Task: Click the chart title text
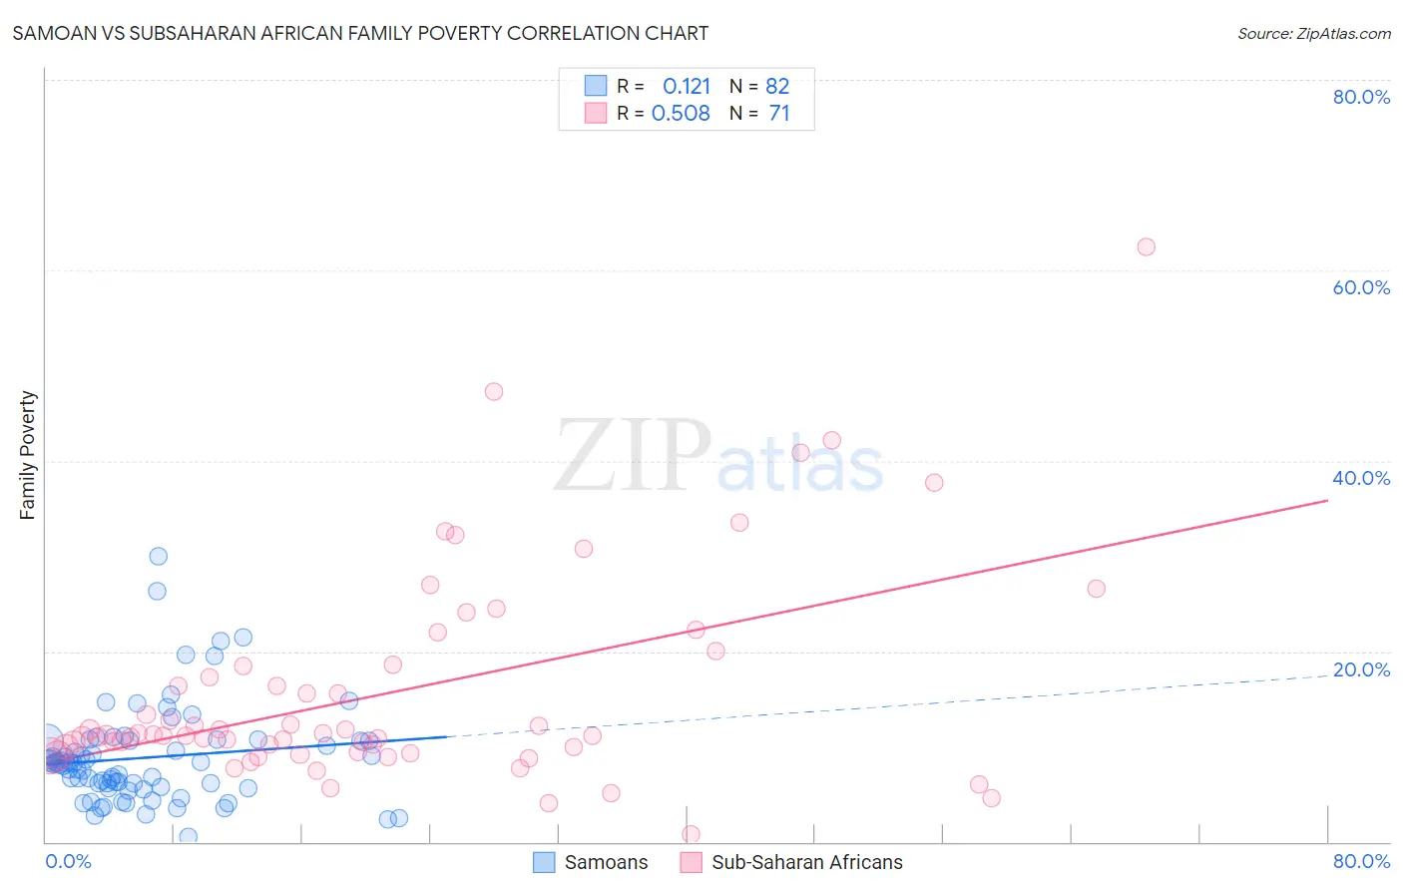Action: tap(360, 33)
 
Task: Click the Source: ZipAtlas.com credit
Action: tap(1313, 33)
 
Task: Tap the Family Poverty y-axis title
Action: tap(27, 455)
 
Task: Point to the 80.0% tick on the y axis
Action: tap(1361, 97)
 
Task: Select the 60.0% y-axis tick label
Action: tap(1361, 287)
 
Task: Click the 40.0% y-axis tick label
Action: tap(1361, 478)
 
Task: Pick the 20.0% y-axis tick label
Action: tap(1361, 669)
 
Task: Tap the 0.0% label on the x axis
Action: tap(68, 861)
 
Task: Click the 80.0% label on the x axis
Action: tap(1361, 861)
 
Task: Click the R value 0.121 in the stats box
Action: tap(687, 86)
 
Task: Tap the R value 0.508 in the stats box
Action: tap(681, 113)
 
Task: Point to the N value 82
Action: tap(777, 86)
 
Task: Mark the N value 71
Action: tap(778, 113)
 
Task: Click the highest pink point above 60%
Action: tap(1146, 246)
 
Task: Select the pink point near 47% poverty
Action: tap(494, 391)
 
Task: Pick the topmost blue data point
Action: tap(158, 556)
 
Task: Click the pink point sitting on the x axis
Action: tap(691, 834)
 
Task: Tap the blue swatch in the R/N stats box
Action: tap(596, 86)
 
